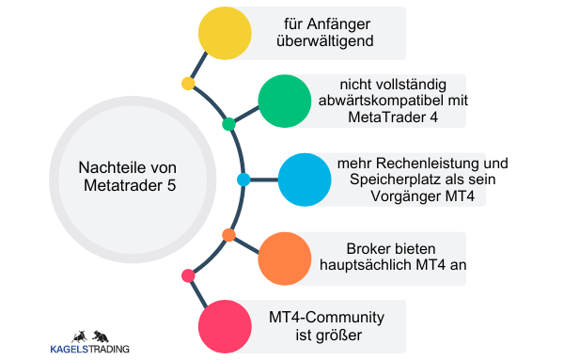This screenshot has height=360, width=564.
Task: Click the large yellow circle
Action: [225, 34]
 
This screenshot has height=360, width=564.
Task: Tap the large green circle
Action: [284, 101]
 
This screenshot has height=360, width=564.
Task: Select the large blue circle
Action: [304, 179]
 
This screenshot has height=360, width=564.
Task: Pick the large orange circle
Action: [284, 256]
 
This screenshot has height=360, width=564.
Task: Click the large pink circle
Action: [225, 325]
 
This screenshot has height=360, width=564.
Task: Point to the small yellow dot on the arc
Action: [188, 84]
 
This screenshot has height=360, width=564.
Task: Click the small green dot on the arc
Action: [228, 124]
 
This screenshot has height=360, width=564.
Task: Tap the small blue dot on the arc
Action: [243, 179]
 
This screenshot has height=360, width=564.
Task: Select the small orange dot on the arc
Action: [228, 234]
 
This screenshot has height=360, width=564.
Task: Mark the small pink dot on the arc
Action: [188, 275]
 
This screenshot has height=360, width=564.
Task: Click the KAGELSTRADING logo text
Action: [89, 349]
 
